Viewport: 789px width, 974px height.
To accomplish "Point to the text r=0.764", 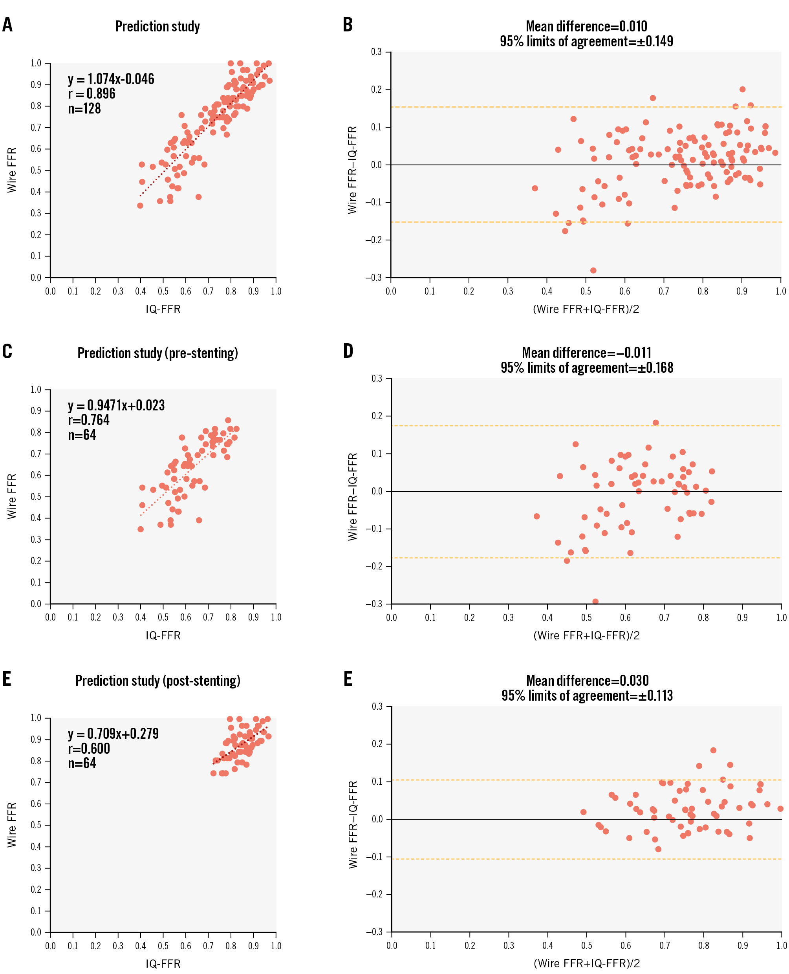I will (89, 420).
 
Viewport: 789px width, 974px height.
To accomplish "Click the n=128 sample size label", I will (84, 109).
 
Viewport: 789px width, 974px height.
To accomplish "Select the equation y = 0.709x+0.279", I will (113, 734).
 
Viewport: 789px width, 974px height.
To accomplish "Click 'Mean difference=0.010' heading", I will (586, 26).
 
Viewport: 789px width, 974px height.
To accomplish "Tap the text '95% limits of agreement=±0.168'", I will (587, 368).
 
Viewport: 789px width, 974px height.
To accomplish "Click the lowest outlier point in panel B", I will (593, 271).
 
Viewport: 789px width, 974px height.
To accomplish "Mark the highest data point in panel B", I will (742, 90).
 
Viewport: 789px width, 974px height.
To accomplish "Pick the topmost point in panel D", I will (655, 423).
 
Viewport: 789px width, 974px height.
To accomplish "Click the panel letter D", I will (348, 351).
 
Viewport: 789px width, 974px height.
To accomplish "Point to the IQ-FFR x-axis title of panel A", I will (163, 309).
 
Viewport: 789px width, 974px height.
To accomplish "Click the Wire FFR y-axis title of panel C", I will (12, 496).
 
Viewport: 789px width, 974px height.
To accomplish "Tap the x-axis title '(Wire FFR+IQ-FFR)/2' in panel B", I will (586, 309).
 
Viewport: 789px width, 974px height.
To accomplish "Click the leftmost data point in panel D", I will (536, 516).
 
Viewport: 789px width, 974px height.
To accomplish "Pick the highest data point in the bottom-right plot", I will (713, 751).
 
